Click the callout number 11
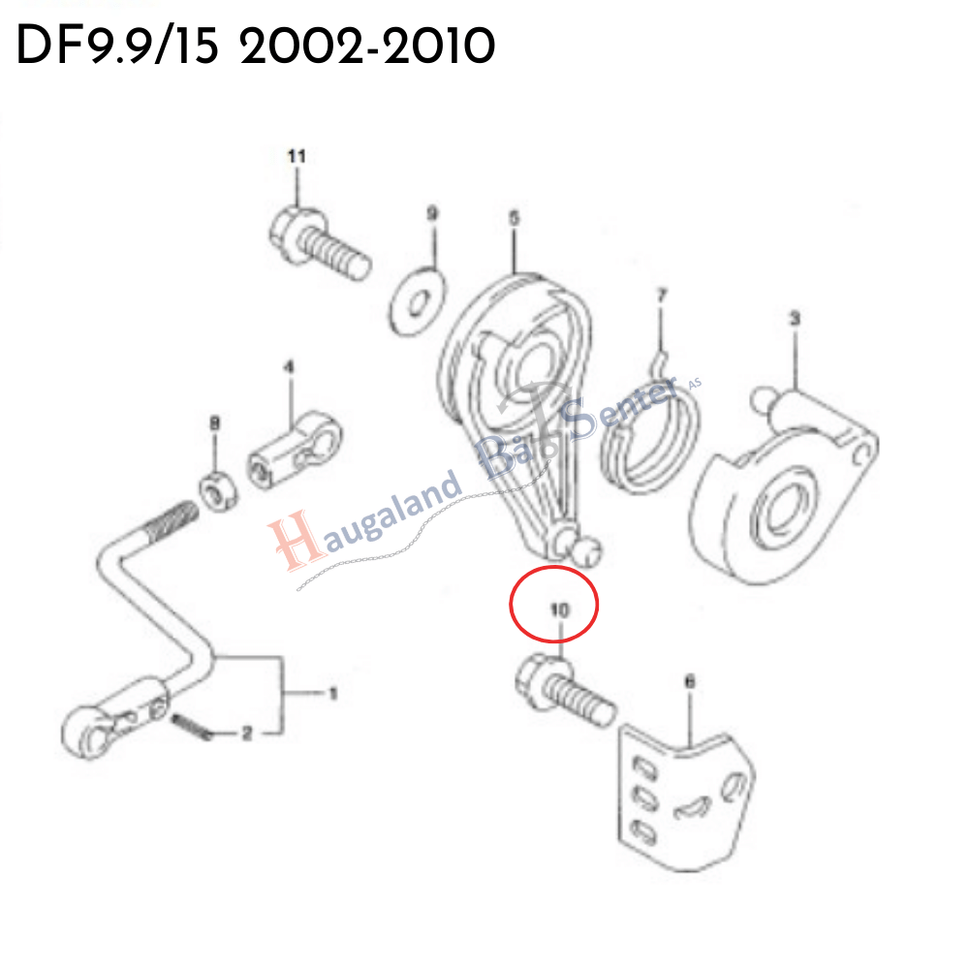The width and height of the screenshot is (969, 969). [x=297, y=156]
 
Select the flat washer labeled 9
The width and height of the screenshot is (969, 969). [x=417, y=301]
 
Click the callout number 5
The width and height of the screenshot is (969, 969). [x=515, y=218]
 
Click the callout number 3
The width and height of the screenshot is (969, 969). [x=795, y=319]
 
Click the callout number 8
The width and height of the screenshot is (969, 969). [x=214, y=423]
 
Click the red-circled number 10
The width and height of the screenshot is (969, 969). [x=559, y=610]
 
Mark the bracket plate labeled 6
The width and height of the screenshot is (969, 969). [x=686, y=801]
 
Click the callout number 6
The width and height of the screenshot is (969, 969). [x=690, y=681]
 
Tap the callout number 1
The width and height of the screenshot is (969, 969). [x=333, y=694]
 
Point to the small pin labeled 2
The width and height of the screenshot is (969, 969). [x=192, y=727]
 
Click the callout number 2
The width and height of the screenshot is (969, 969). [x=246, y=734]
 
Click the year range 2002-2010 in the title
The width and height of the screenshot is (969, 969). [x=367, y=47]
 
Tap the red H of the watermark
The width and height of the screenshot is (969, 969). [x=296, y=542]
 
